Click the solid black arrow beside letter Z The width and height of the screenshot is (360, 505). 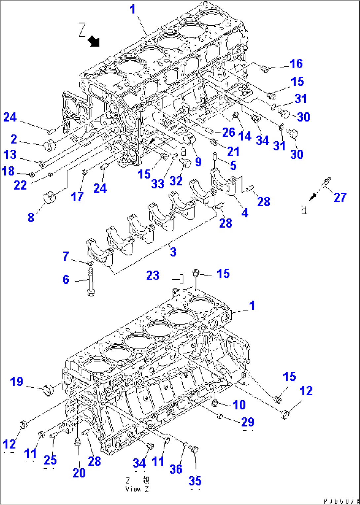click(x=94, y=42)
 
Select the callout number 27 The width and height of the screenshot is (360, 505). click(x=340, y=197)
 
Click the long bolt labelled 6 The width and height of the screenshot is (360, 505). click(x=90, y=282)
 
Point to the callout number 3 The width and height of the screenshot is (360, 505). click(x=173, y=252)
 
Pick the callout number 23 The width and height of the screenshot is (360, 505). click(x=153, y=275)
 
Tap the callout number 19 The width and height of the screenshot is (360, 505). click(x=17, y=382)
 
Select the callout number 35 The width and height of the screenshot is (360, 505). click(x=195, y=481)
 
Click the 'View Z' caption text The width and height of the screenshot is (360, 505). click(x=137, y=489)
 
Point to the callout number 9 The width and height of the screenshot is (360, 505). click(x=198, y=162)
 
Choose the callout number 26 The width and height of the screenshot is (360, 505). click(x=229, y=133)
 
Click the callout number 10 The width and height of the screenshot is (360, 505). click(x=239, y=405)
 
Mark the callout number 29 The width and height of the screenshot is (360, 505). click(x=248, y=422)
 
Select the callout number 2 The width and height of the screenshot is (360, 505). click(x=14, y=139)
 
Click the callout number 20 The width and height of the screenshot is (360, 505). click(x=79, y=473)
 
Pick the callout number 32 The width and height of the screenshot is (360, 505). click(x=176, y=181)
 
